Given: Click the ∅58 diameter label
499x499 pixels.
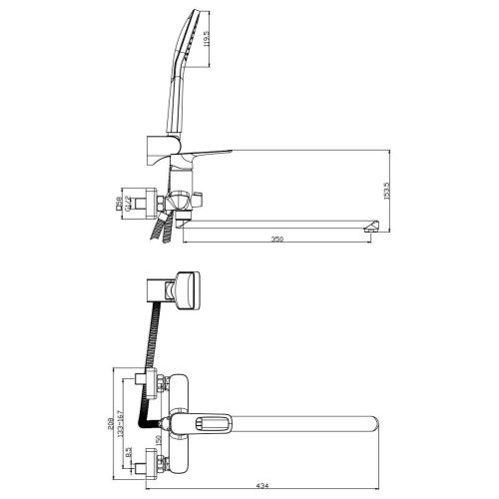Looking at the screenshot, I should [118, 205].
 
